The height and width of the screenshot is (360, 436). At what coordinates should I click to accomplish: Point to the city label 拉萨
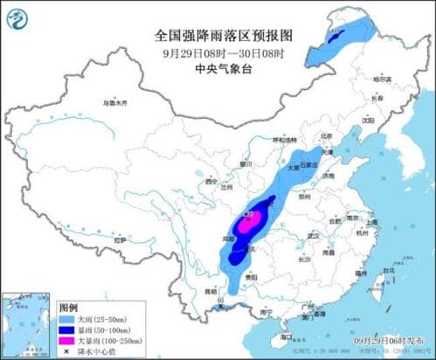pyautogui.click(x=120, y=238)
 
